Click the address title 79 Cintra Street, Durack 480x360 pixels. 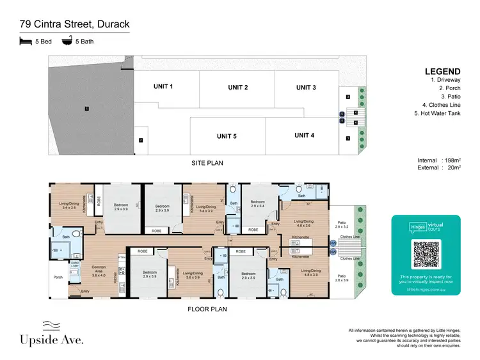pos(74,25)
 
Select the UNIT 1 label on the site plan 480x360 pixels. pos(163,86)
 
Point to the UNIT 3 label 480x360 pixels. pos(305,88)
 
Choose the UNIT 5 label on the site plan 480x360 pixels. pos(227,136)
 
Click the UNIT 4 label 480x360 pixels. pos(304,135)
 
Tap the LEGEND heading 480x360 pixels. pos(442,71)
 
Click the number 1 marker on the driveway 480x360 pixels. pos(85,109)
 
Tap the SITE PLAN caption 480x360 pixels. pos(207,163)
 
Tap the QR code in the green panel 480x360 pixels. pos(428,254)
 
